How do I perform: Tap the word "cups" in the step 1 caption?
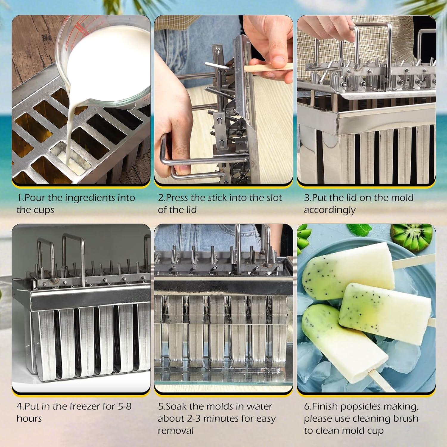[44, 210]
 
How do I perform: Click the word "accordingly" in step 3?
[330, 210]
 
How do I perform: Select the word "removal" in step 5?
[176, 431]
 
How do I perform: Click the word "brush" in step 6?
[403, 419]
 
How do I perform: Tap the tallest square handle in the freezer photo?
[73, 256]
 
